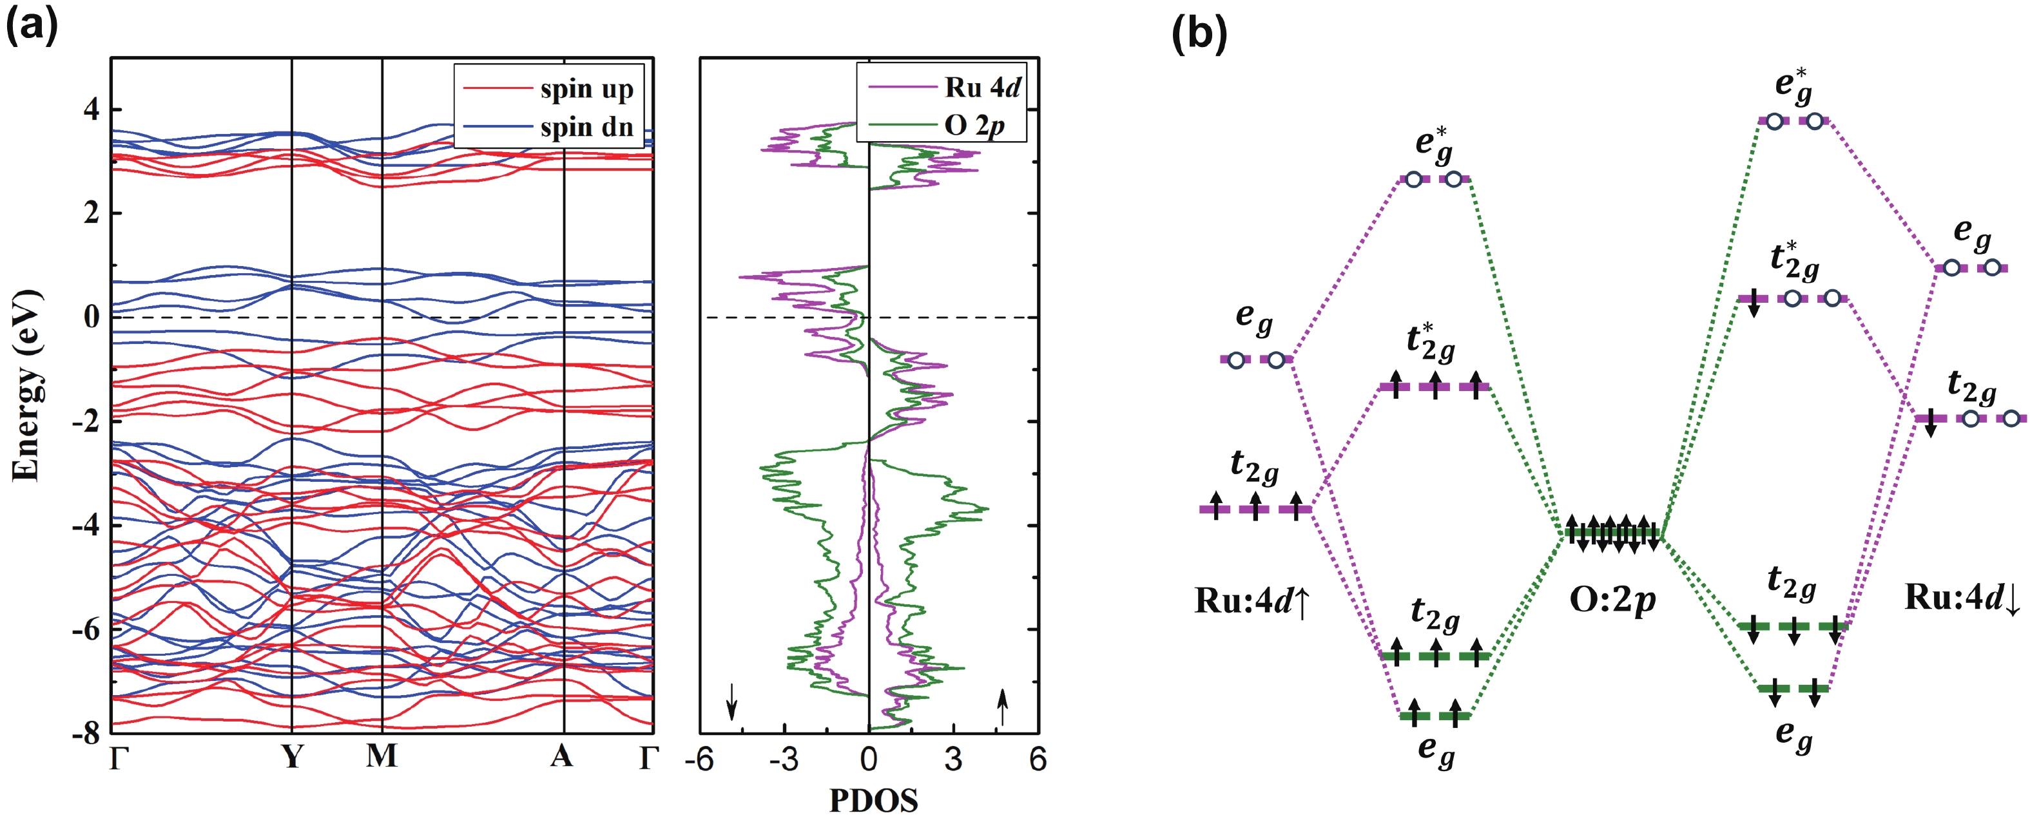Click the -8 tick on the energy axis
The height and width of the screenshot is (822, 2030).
pyautogui.click(x=86, y=734)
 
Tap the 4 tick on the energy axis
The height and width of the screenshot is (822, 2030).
pyautogui.click(x=92, y=109)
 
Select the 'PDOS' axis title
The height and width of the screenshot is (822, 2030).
pyautogui.click(x=873, y=801)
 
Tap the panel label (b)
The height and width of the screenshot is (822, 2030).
pyautogui.click(x=1199, y=33)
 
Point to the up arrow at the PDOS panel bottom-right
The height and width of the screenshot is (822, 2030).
pyautogui.click(x=1002, y=706)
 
